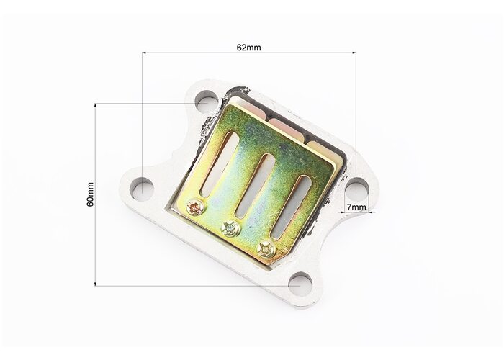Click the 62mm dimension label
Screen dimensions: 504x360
click(249, 48)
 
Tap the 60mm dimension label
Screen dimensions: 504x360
click(90, 194)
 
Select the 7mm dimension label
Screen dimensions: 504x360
click(356, 207)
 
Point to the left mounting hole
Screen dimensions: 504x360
click(142, 189)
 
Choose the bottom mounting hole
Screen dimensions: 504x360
click(300, 284)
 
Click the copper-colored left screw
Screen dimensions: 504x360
click(195, 208)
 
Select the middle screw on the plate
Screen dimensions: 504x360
click(231, 228)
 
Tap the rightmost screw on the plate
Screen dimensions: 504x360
click(266, 249)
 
